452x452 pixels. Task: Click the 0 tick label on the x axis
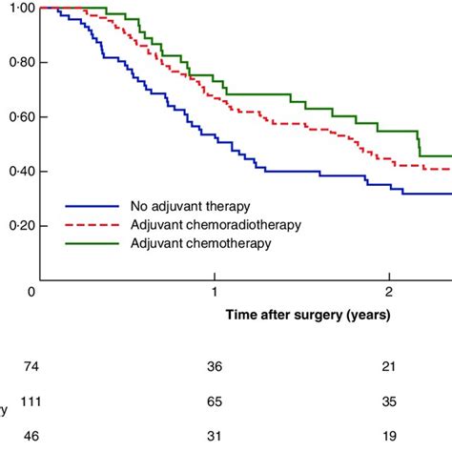point(32,290)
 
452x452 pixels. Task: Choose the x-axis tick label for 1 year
point(216,290)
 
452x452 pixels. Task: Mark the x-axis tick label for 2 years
point(389,290)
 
